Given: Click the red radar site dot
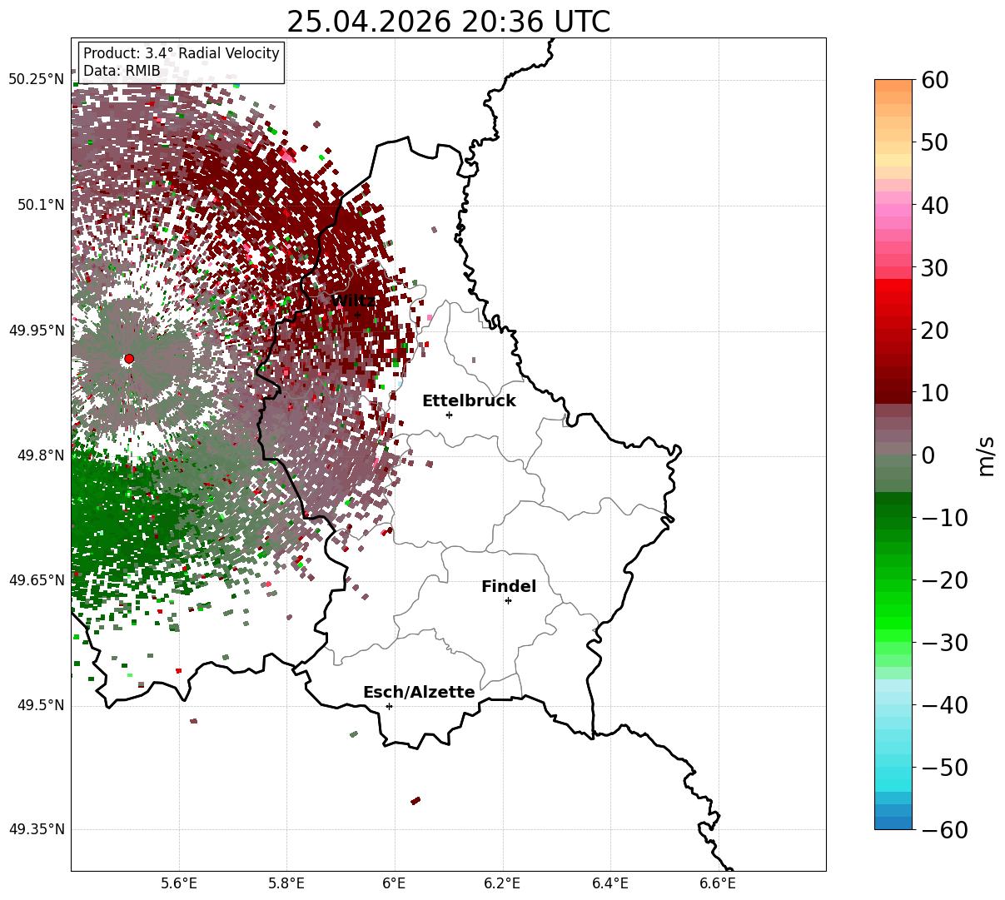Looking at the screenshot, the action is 129,359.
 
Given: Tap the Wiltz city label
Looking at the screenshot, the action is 353,301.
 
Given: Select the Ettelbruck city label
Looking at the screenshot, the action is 469,401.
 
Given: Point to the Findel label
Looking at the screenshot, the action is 509,586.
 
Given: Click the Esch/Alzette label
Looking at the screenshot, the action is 419,692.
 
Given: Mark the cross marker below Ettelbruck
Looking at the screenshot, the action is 449,415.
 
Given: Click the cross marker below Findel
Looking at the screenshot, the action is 508,600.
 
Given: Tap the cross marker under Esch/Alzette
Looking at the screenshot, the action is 389,706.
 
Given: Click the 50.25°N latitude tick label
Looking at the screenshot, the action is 36,79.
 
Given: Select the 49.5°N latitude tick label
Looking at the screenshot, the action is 41,705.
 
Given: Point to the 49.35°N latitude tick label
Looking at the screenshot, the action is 37,829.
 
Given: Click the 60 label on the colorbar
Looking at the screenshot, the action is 934,80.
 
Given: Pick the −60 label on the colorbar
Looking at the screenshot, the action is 944,830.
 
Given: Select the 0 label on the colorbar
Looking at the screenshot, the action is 928,455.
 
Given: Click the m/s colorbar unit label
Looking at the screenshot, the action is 987,456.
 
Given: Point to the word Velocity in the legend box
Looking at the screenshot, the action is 252,53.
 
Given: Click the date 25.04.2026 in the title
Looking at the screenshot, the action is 369,22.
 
